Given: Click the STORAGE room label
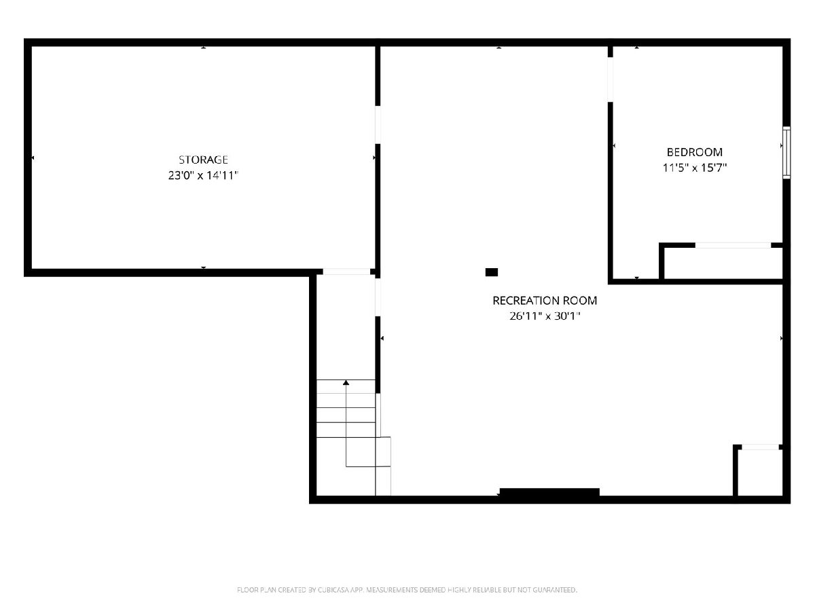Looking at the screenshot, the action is pyautogui.click(x=203, y=160).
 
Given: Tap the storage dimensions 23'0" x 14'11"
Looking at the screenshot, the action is pyautogui.click(x=203, y=175).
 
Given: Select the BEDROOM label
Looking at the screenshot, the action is pyautogui.click(x=694, y=152).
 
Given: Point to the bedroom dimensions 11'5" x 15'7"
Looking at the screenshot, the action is pyautogui.click(x=694, y=168).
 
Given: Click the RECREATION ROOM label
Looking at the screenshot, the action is pyautogui.click(x=545, y=301).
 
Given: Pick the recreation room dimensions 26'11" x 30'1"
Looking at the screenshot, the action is pyautogui.click(x=545, y=316).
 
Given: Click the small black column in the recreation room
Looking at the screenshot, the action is pyautogui.click(x=491, y=272).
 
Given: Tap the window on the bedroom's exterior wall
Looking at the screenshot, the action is pyautogui.click(x=786, y=153).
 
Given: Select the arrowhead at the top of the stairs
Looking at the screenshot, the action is pyautogui.click(x=346, y=382).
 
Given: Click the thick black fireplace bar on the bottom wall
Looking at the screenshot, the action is pyautogui.click(x=549, y=492).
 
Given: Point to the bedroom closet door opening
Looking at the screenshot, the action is pyautogui.click(x=733, y=245).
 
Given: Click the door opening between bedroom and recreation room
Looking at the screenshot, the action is pyautogui.click(x=610, y=79).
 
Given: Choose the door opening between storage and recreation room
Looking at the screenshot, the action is pyautogui.click(x=378, y=125).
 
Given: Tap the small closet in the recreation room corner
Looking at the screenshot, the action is pyautogui.click(x=760, y=473).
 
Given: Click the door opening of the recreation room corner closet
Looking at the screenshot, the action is pyautogui.click(x=760, y=447).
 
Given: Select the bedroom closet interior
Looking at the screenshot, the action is pyautogui.click(x=723, y=263).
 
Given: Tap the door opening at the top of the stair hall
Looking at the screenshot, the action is pyautogui.click(x=346, y=272).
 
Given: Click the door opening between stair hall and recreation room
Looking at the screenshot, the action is pyautogui.click(x=378, y=297).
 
